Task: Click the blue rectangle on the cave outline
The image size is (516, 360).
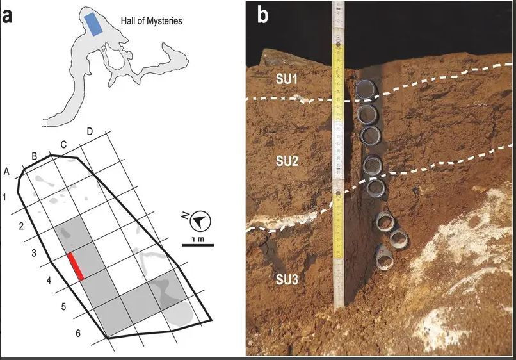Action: [x=93, y=24]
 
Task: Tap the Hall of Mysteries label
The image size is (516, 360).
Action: [x=151, y=21]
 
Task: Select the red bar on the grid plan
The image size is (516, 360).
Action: [x=76, y=266]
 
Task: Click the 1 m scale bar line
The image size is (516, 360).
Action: [x=198, y=245]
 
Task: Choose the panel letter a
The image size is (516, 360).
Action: [x=7, y=17]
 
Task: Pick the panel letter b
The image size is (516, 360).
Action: [x=262, y=15]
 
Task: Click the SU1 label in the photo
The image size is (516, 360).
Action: [x=286, y=79]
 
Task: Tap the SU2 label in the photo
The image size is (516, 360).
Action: [x=287, y=161]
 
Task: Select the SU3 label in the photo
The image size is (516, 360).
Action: [x=287, y=280]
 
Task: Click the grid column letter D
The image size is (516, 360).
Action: [x=90, y=132]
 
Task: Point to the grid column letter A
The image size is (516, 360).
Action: [x=6, y=172]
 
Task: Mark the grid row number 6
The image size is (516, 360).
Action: [x=78, y=333]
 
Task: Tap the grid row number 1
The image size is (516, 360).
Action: [x=4, y=197]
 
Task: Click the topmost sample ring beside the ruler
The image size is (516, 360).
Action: [x=366, y=89]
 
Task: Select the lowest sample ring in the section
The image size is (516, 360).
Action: [x=384, y=258]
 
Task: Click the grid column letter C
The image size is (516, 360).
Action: [x=63, y=145]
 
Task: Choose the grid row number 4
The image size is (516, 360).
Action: [x=49, y=281]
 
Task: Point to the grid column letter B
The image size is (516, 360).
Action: [x=34, y=156]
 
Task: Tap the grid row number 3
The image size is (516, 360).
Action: [x=33, y=253]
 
